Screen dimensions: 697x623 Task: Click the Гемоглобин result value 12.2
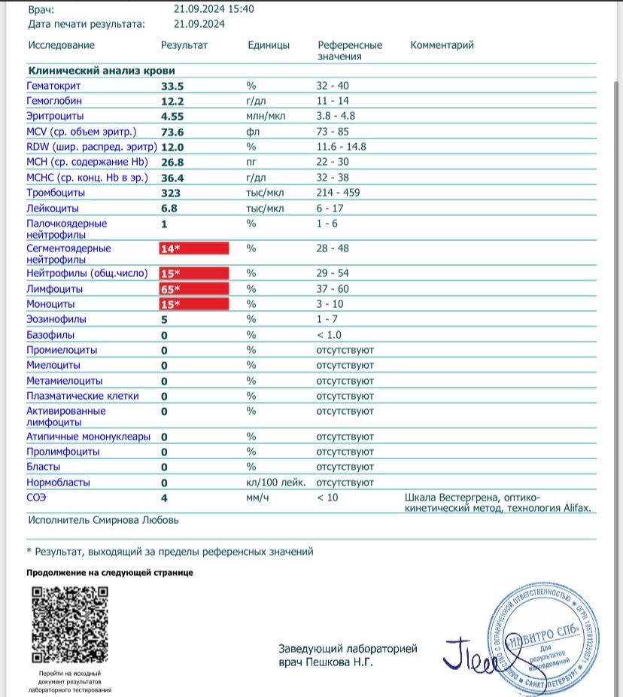coord(172,101)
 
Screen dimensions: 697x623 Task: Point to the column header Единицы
coord(269,45)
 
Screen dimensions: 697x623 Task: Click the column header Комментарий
coord(442,45)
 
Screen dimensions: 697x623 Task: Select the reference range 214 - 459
coord(338,193)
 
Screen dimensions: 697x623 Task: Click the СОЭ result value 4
coord(165,498)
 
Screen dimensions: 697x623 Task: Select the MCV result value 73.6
coord(172,132)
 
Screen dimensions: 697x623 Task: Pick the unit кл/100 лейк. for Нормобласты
coord(275,482)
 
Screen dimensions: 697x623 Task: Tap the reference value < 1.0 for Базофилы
coord(329,335)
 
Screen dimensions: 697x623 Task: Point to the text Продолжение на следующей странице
coord(110,573)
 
